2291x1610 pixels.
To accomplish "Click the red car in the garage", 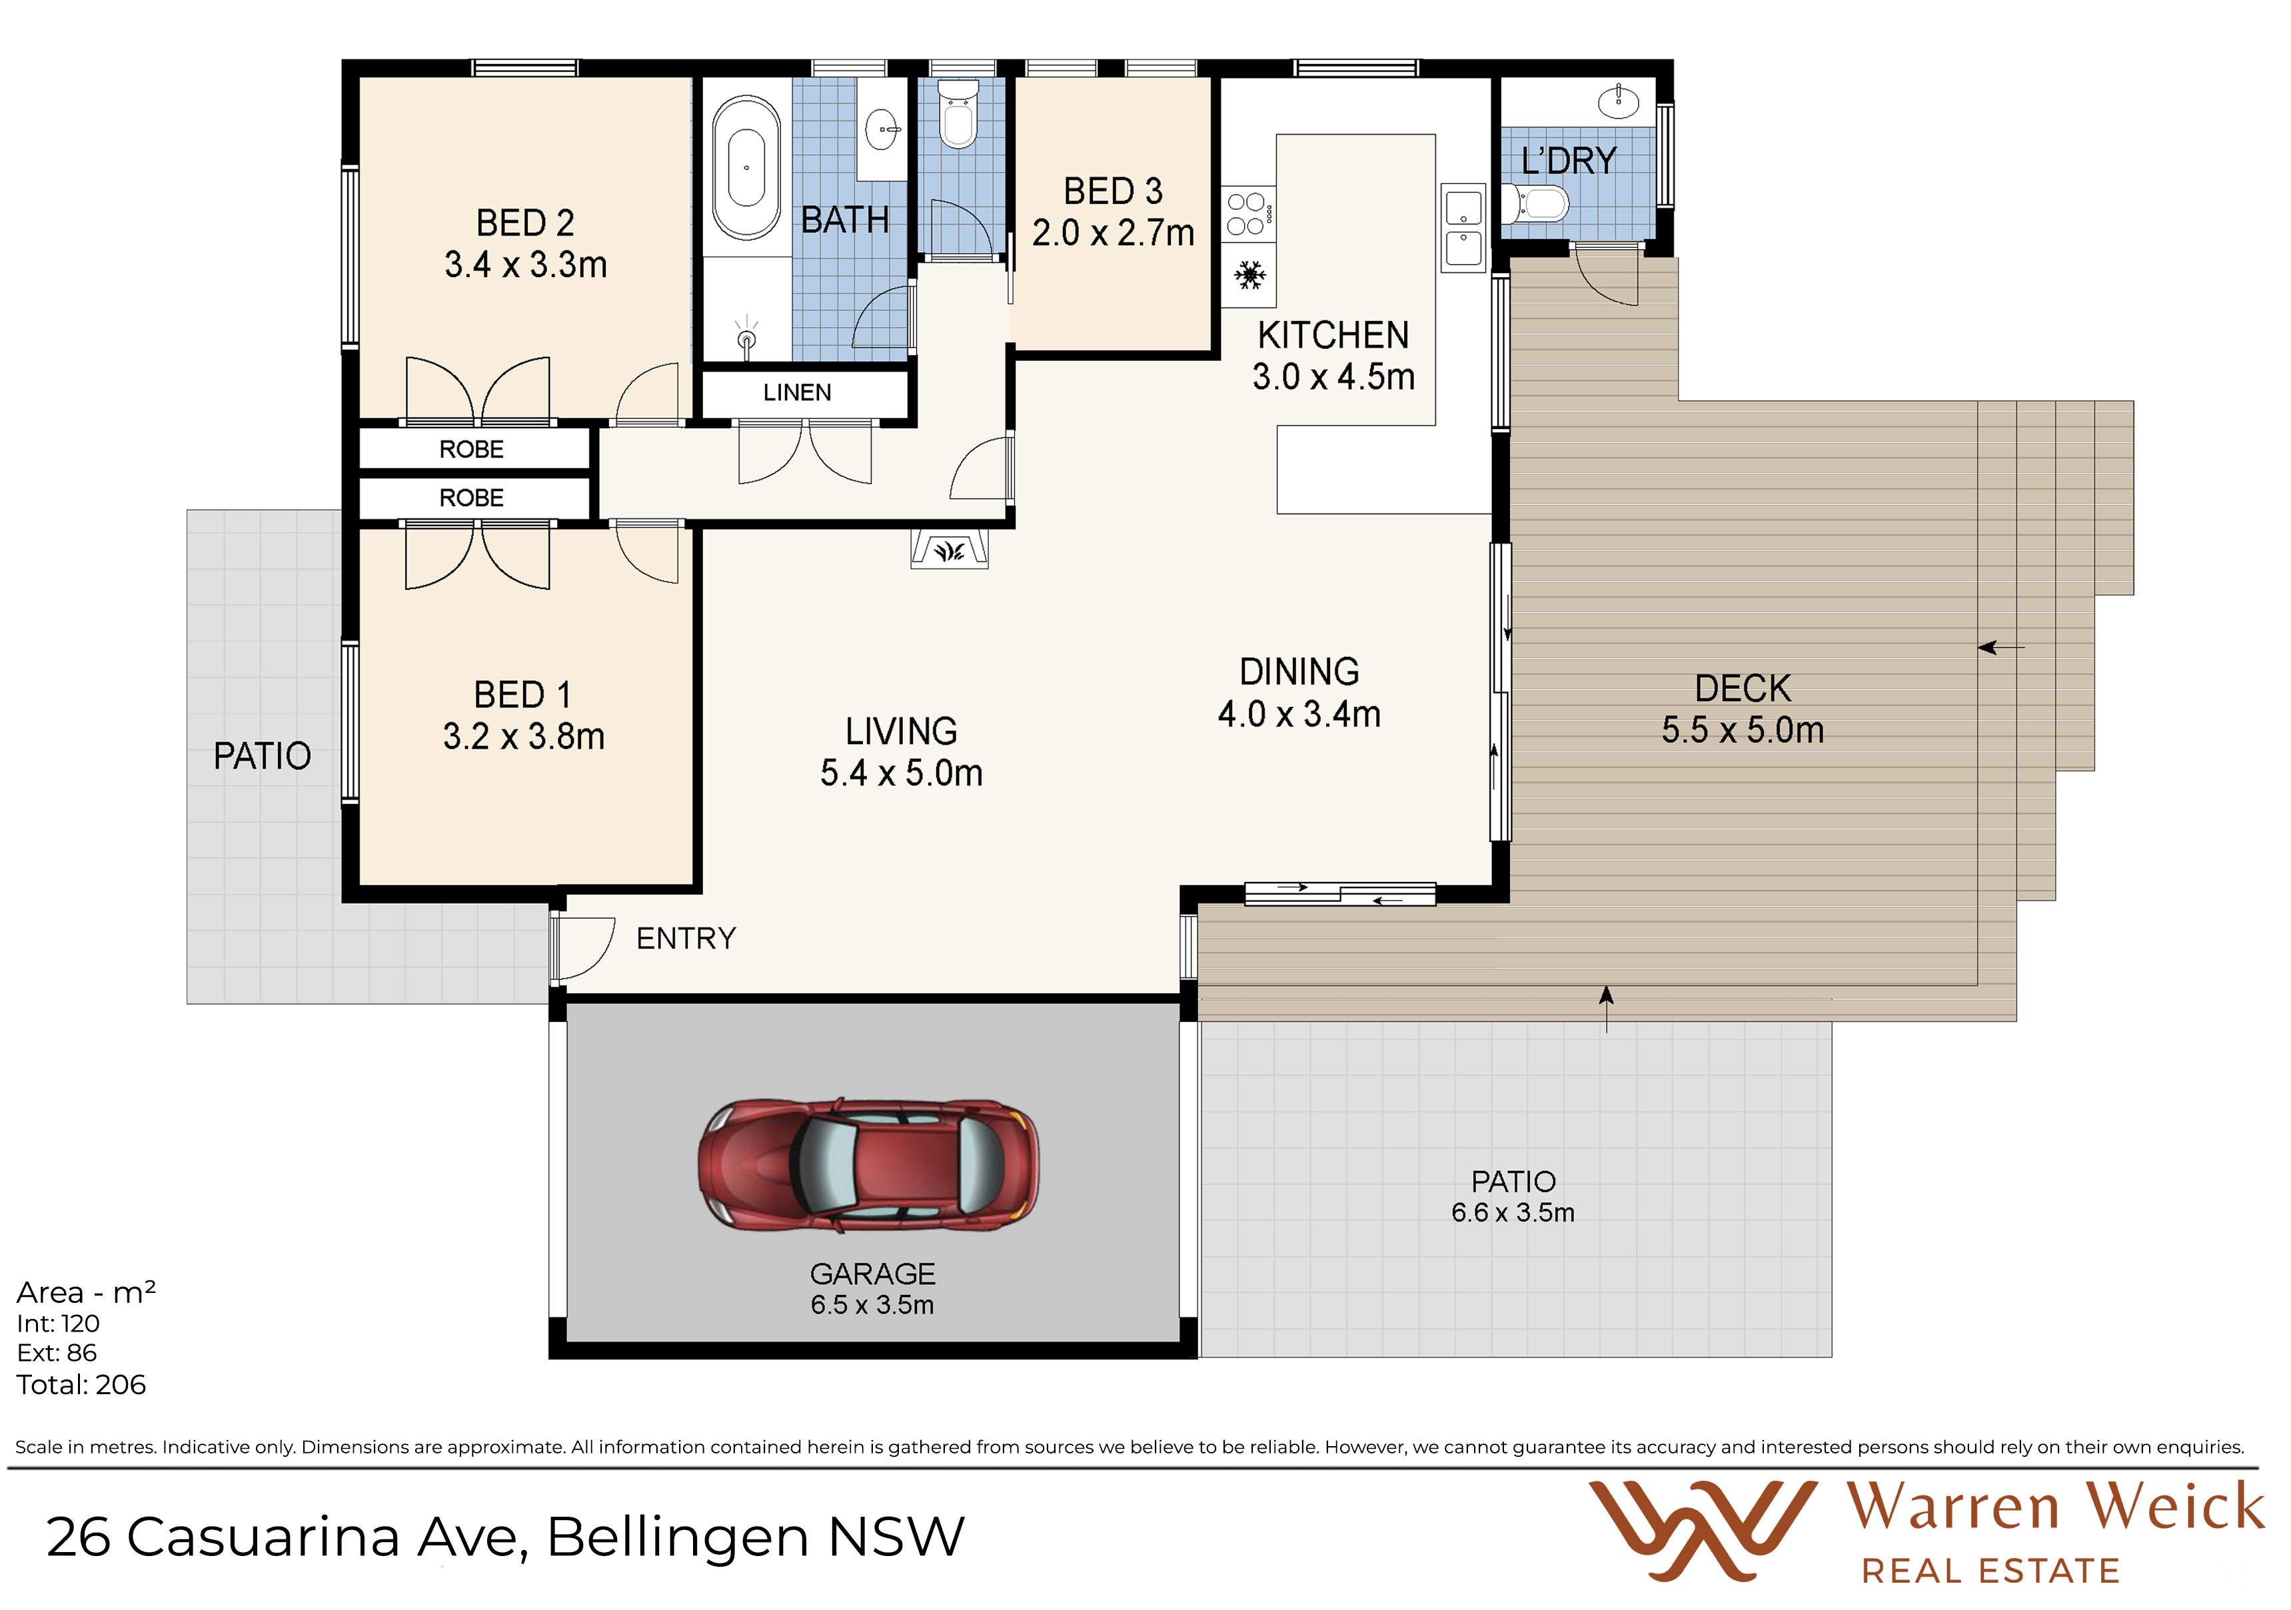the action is pos(868,1164).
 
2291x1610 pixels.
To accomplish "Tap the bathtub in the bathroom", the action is pos(746,168).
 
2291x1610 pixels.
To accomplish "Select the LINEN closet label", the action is pos(797,392).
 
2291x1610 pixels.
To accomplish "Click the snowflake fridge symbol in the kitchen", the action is pos(1249,274).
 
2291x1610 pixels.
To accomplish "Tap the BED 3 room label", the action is pos(1114,191).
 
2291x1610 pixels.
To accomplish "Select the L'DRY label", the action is pos(1569,161).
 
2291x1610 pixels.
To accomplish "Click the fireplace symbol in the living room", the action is pos(950,549).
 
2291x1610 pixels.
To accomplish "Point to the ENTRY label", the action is pos(686,939).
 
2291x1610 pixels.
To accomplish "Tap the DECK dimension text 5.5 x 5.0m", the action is pos(1743,730).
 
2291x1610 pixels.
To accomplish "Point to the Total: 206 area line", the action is pos(81,1385).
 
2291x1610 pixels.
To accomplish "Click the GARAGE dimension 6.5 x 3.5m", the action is pos(872,1305).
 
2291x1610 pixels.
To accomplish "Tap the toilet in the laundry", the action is pos(1537,204).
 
